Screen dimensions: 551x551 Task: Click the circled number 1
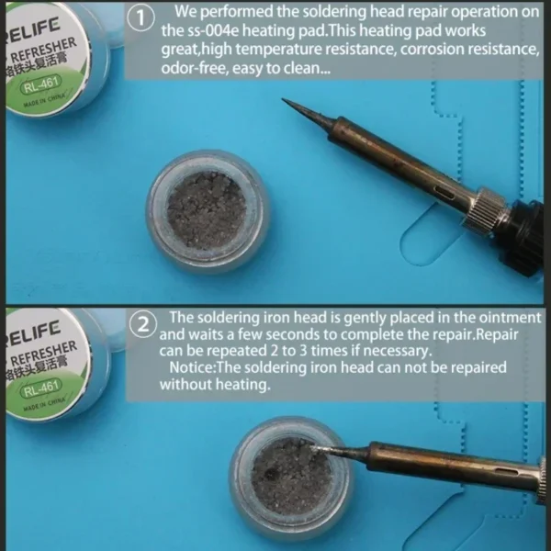click(x=141, y=18)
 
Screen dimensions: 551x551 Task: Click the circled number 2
click(x=142, y=325)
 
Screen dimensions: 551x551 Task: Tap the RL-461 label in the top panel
click(x=40, y=84)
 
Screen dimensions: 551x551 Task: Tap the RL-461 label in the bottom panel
click(x=41, y=388)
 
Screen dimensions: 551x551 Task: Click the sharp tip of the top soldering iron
click(x=282, y=99)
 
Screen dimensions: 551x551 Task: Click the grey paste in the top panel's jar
click(x=206, y=210)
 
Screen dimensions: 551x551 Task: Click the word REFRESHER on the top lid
click(x=44, y=51)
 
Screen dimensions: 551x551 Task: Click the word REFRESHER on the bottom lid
click(x=44, y=353)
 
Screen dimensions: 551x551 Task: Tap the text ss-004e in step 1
click(x=210, y=31)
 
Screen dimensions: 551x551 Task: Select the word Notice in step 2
click(x=191, y=367)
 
